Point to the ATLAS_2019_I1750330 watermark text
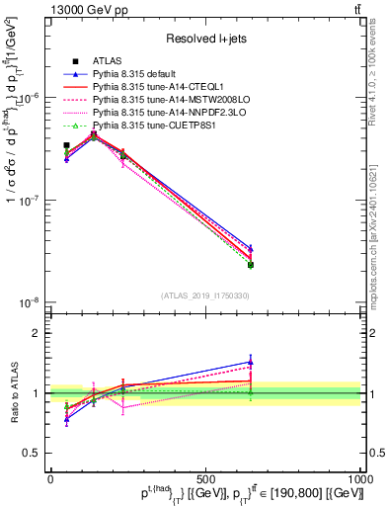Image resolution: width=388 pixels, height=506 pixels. coord(205,295)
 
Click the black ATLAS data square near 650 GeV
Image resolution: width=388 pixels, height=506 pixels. coord(251,265)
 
